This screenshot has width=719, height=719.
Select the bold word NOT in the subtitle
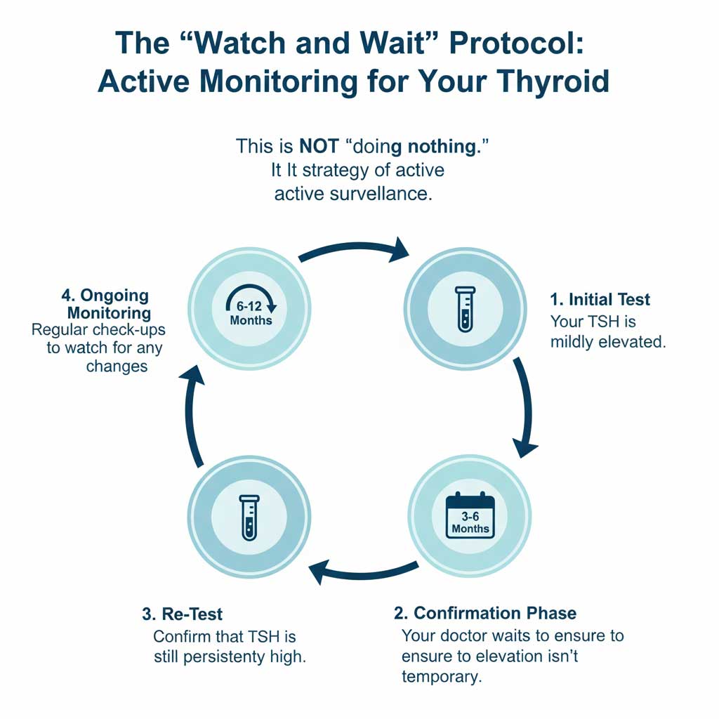coord(319,146)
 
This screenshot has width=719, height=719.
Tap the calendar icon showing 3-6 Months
coord(470,515)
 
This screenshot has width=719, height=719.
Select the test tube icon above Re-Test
coord(249,517)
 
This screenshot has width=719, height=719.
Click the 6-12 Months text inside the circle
coord(251,314)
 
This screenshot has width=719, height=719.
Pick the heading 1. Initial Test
coord(600,300)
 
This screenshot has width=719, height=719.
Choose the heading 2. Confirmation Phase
coord(484,613)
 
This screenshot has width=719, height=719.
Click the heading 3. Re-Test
coord(182,614)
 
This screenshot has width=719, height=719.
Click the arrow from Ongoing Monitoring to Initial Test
coord(355,249)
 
